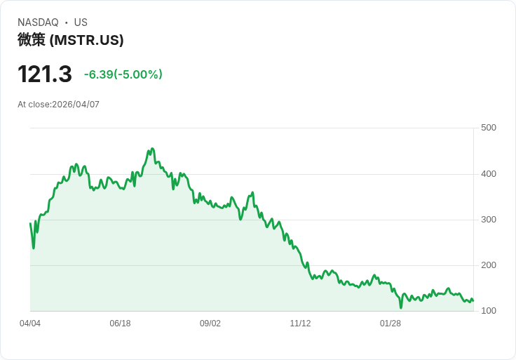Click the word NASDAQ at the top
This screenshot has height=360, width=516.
(x=38, y=22)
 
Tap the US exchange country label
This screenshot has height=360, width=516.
(x=81, y=22)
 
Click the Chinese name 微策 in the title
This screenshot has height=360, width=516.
(x=32, y=40)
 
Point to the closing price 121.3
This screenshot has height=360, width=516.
(x=45, y=74)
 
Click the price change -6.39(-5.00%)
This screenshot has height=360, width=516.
(x=123, y=74)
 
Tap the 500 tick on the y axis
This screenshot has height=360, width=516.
(x=488, y=128)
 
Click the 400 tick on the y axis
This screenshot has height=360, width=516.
(x=488, y=174)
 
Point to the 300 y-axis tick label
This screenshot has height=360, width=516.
(x=488, y=220)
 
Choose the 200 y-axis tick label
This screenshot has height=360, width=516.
(x=488, y=265)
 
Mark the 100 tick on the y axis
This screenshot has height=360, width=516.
(x=488, y=311)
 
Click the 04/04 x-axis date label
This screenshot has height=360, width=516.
(x=30, y=324)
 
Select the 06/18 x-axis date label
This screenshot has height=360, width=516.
(x=120, y=324)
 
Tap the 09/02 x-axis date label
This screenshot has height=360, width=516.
(x=210, y=324)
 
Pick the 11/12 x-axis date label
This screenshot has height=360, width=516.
(x=300, y=324)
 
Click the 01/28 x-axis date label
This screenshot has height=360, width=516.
(x=391, y=324)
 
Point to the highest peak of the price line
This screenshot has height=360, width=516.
(x=152, y=149)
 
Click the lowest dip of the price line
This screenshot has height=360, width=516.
(x=401, y=307)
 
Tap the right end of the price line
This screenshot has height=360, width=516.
(x=473, y=301)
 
